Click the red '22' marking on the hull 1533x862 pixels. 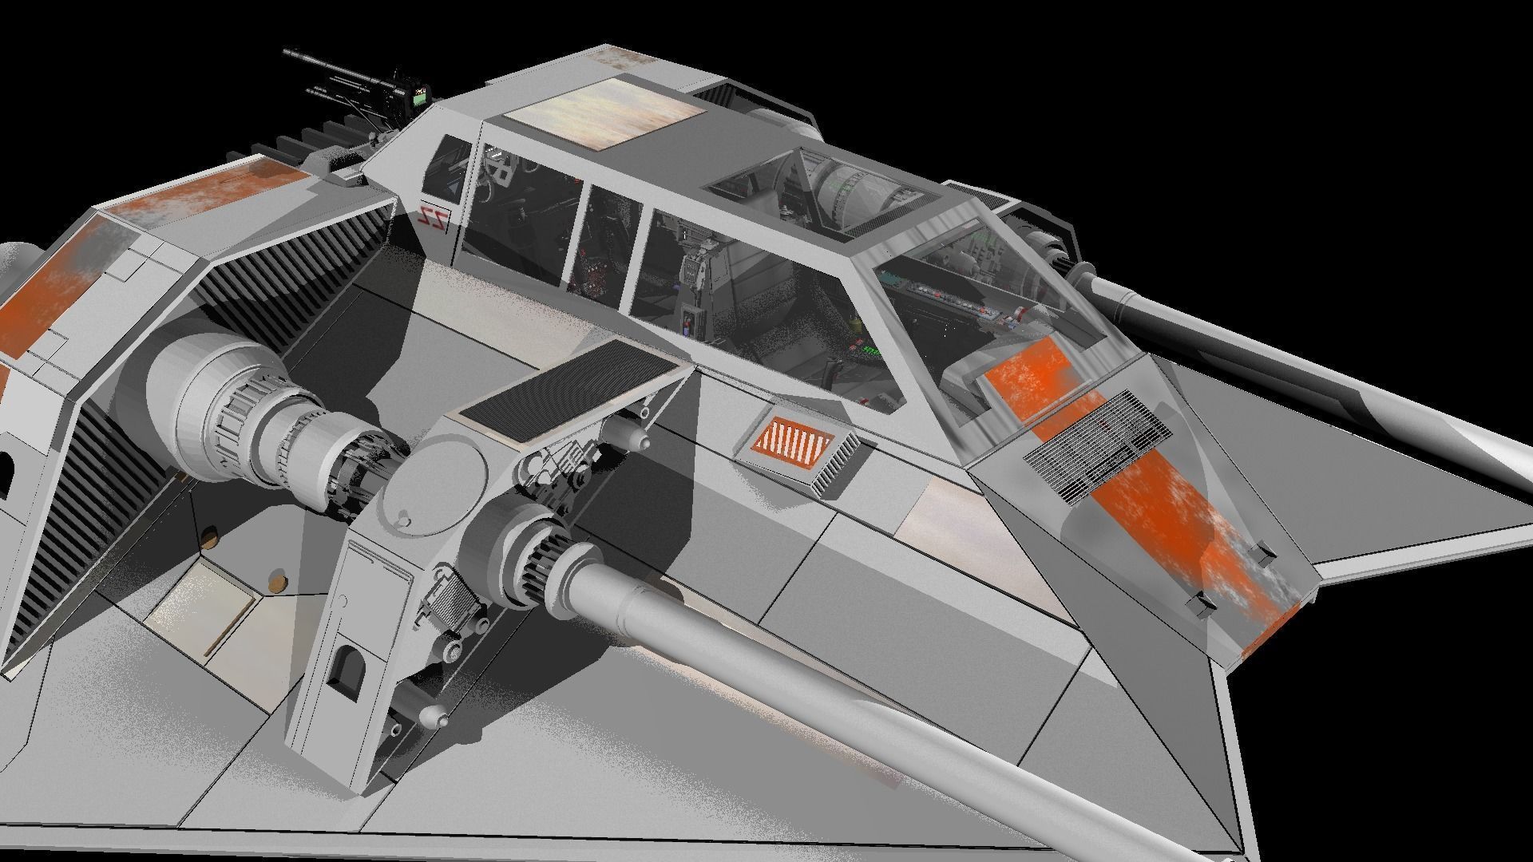pos(434,215)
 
